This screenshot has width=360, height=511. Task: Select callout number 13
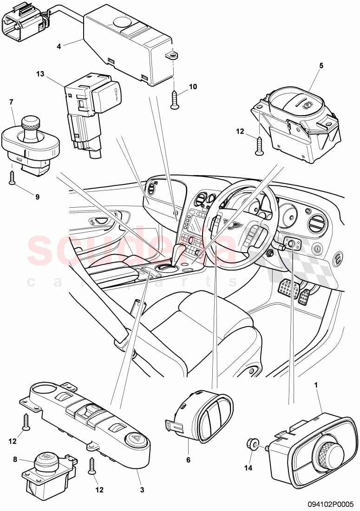coord(41,73)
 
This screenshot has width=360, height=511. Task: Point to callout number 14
coord(248,468)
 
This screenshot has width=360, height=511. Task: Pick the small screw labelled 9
coord(12,177)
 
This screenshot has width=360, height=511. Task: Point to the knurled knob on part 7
coord(30,124)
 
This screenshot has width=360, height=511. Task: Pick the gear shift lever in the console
coord(179,254)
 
